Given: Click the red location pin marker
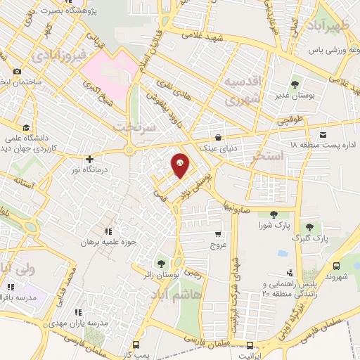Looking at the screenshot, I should click(x=181, y=165).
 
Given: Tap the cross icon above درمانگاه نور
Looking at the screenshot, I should click(x=89, y=160).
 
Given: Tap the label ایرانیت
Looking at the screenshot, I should click(x=250, y=356).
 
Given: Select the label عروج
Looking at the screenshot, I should click(x=218, y=246).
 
